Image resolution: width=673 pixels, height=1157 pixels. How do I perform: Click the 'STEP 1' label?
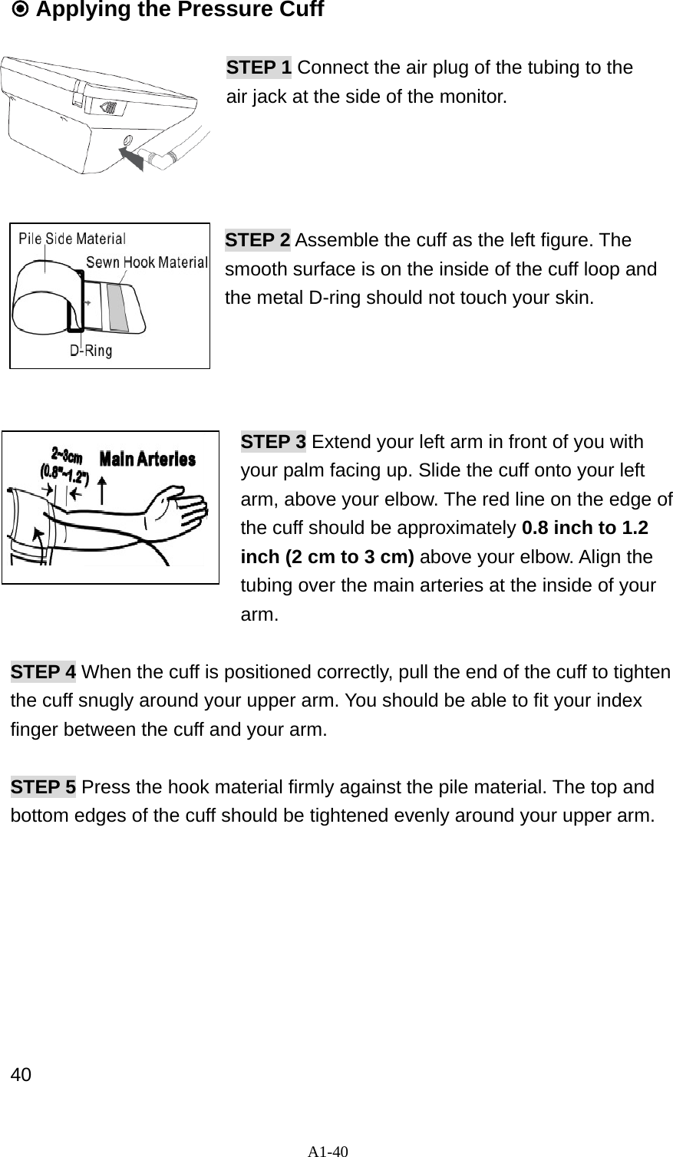click(x=259, y=68)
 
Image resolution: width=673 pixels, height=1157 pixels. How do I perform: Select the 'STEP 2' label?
click(x=257, y=240)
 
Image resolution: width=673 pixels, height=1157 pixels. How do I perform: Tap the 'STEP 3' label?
click(x=274, y=443)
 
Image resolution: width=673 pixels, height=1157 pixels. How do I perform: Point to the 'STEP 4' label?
click(x=43, y=672)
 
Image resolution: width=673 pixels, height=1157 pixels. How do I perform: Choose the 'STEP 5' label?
click(x=43, y=787)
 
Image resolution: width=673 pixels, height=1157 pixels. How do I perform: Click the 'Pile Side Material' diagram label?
click(x=72, y=238)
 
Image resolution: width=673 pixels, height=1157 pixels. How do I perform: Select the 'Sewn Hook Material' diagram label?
click(x=147, y=262)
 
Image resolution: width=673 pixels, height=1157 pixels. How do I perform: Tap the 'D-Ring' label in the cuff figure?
click(x=91, y=351)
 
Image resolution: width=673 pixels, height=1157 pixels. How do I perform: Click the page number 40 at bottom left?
click(x=21, y=1074)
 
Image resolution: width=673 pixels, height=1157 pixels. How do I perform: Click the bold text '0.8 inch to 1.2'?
click(x=585, y=529)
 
